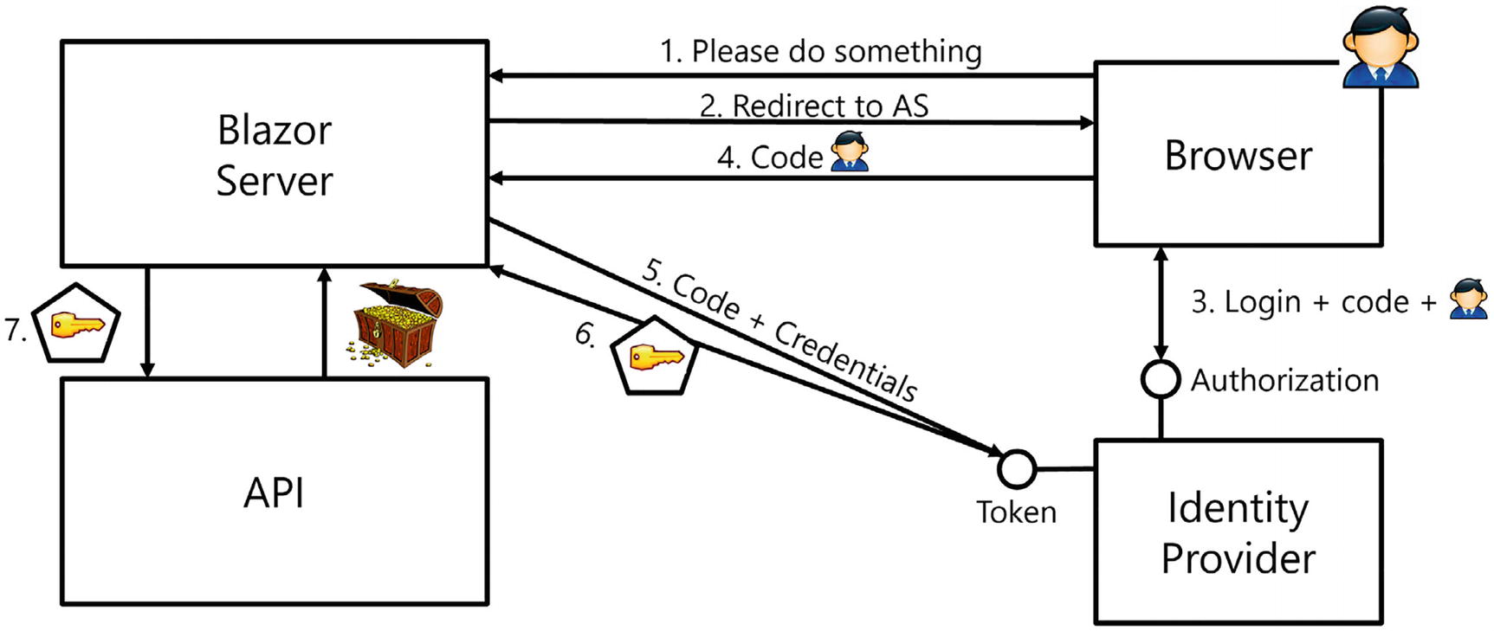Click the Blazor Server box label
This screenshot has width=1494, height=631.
(x=274, y=156)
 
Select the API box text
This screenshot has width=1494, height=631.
(x=274, y=493)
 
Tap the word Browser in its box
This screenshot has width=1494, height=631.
(x=1238, y=156)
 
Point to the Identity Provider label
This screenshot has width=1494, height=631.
(x=1238, y=532)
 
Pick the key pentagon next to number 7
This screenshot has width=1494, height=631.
(x=75, y=325)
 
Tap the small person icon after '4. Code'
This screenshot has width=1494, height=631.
(x=849, y=152)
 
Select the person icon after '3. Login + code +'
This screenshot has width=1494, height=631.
(x=1468, y=299)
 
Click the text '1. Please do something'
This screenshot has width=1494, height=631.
(x=820, y=52)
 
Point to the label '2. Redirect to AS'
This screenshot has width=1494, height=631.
(x=813, y=106)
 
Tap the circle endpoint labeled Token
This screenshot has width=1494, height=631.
(x=1017, y=468)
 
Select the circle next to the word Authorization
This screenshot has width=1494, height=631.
(x=1160, y=379)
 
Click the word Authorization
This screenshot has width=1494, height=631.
(x=1284, y=380)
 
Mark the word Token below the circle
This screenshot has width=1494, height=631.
(x=1016, y=512)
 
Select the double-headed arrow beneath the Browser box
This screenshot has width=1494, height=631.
(x=1161, y=303)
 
